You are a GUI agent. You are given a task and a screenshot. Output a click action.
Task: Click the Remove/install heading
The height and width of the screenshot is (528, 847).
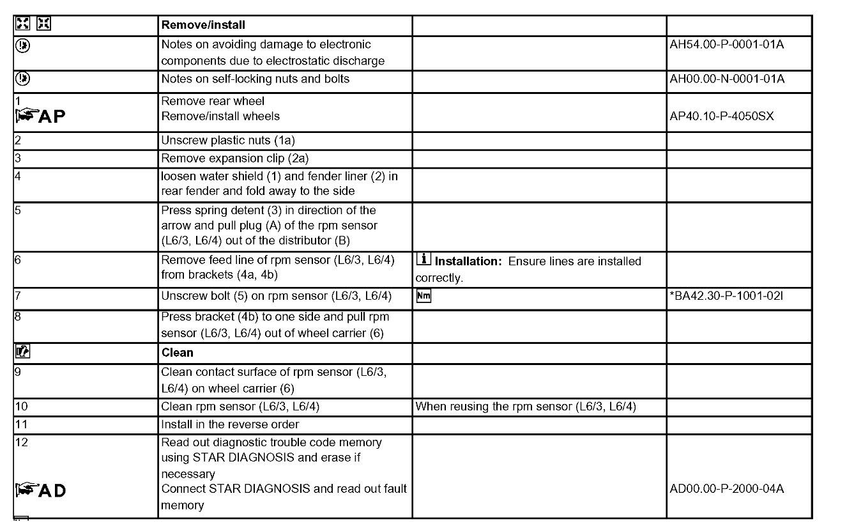203,26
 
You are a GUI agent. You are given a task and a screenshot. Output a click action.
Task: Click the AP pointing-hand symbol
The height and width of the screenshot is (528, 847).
40,117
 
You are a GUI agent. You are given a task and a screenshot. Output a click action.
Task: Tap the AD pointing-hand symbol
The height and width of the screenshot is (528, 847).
40,490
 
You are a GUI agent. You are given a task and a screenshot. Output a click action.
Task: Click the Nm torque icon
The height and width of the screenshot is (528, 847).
423,296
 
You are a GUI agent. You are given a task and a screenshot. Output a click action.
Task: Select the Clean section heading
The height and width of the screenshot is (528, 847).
177,352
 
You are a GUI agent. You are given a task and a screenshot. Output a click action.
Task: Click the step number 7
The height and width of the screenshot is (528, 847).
17,297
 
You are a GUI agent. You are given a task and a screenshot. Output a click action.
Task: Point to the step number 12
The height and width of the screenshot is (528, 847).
21,442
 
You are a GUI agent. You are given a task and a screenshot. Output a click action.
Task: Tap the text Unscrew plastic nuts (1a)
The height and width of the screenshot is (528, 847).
227,141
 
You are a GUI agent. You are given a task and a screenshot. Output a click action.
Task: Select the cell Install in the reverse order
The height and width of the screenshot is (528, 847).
230,424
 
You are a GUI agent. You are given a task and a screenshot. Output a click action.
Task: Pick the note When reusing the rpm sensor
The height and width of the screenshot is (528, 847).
525,407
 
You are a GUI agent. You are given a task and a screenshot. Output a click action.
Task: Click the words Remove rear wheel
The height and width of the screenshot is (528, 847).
212,101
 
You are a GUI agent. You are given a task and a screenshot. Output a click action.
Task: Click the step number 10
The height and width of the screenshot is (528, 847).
21,407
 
